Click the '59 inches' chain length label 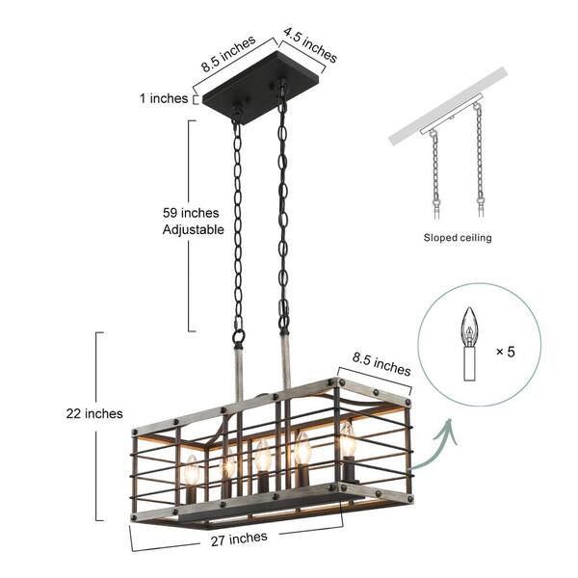click(x=191, y=213)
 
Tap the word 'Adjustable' click(x=194, y=229)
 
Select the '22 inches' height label click(x=94, y=413)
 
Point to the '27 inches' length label click(x=239, y=539)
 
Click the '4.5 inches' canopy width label click(x=310, y=45)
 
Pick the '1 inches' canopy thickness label click(x=164, y=98)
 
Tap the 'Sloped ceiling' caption click(x=458, y=238)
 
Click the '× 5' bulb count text click(x=505, y=352)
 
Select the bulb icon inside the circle click(x=469, y=344)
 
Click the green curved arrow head click(x=448, y=428)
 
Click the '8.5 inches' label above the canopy click(x=228, y=53)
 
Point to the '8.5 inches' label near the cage click(x=381, y=364)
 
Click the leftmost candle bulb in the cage click(x=192, y=470)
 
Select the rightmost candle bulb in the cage click(x=348, y=438)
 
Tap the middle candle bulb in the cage click(x=263, y=456)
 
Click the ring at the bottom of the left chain click(x=239, y=336)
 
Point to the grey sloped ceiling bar click(x=448, y=107)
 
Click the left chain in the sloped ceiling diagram click(x=435, y=173)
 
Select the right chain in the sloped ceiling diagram click(x=479, y=159)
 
